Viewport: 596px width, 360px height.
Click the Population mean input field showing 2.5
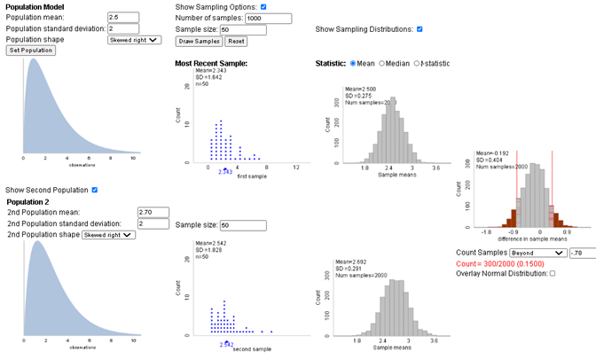(122, 17)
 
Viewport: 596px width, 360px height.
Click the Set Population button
(31, 51)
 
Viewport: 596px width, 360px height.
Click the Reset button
(235, 41)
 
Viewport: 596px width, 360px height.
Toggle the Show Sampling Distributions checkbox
(420, 29)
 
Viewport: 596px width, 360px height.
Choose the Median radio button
(382, 64)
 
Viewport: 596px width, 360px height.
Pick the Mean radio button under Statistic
(354, 64)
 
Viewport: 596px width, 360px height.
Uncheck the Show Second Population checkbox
(95, 190)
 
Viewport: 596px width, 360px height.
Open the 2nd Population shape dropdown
(109, 235)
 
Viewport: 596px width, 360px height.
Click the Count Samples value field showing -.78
(582, 253)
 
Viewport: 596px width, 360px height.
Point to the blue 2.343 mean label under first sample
(225, 171)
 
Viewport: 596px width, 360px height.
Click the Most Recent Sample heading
(211, 64)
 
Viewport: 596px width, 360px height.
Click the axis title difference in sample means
(521, 239)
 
